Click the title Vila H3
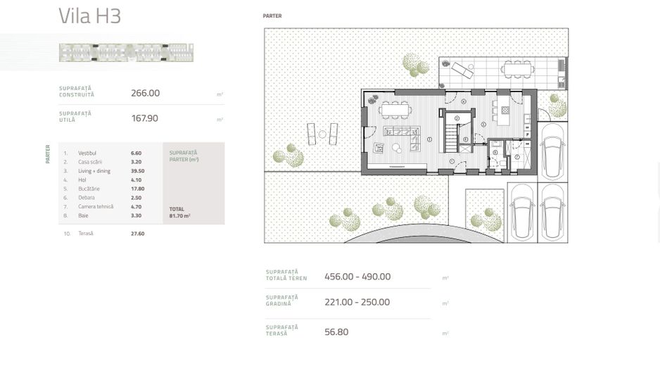click(x=90, y=16)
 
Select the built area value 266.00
click(x=145, y=93)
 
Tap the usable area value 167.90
click(x=145, y=118)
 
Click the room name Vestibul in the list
click(x=87, y=153)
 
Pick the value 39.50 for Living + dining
click(x=137, y=171)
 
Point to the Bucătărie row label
click(x=89, y=189)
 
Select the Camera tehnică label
click(x=96, y=207)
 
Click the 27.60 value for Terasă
click(x=137, y=234)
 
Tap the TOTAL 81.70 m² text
click(x=179, y=213)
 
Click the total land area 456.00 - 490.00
click(x=357, y=277)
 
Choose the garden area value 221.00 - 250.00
click(x=357, y=302)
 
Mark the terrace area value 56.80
click(x=336, y=332)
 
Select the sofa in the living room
click(x=402, y=132)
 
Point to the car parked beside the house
click(x=552, y=151)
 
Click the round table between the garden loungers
click(x=322, y=134)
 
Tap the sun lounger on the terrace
click(x=462, y=70)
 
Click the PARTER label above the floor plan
click(x=272, y=15)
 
